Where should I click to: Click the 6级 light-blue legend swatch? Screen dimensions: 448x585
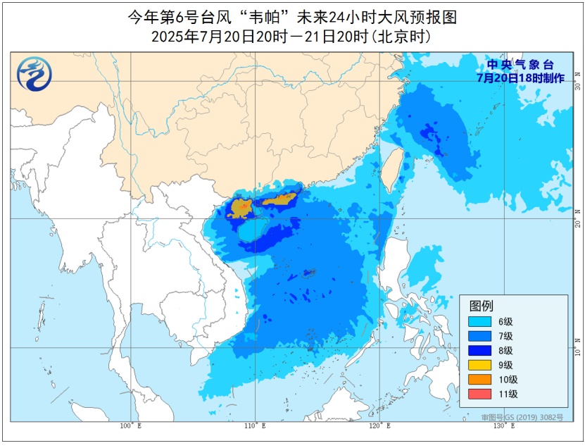coord(482,321)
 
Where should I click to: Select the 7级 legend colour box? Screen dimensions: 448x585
coord(482,336)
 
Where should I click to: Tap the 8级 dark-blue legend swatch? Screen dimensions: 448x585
coord(482,350)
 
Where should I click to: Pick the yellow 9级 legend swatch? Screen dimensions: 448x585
coord(482,365)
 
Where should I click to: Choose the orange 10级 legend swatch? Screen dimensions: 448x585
coord(482,380)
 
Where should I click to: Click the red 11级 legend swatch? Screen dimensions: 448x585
coord(482,394)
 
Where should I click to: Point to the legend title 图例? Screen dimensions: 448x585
coord(482,306)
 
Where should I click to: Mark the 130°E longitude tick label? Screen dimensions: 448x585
coord(505,425)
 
